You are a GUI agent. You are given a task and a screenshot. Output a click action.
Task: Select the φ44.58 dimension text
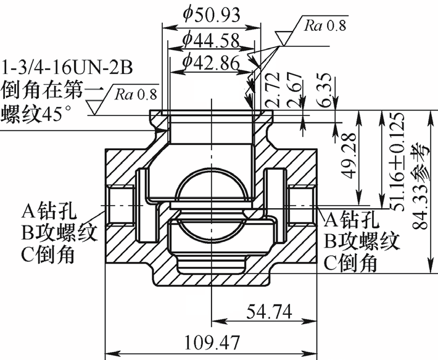(210, 41)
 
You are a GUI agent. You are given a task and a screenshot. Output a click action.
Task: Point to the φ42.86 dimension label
(210, 62)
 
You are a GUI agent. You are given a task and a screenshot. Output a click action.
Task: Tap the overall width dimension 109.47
(211, 341)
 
